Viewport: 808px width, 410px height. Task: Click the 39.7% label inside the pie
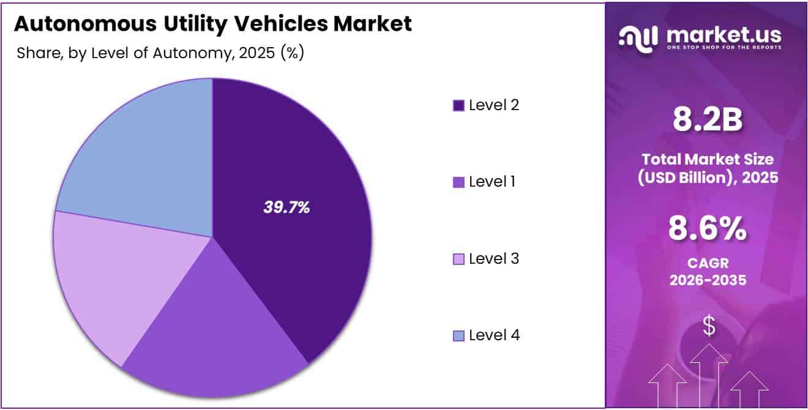point(286,207)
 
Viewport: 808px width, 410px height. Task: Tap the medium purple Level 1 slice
point(214,330)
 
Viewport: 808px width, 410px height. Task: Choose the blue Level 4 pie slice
point(141,159)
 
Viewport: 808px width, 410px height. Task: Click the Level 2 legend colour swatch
point(458,106)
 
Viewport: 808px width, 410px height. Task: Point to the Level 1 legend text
point(492,182)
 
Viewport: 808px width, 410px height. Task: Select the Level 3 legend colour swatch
point(458,259)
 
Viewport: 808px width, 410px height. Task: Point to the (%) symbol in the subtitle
point(292,53)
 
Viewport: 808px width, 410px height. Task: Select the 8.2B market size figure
point(707,120)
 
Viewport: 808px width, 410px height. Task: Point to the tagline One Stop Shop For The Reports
point(724,48)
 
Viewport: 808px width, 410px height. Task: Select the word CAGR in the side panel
point(707,264)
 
